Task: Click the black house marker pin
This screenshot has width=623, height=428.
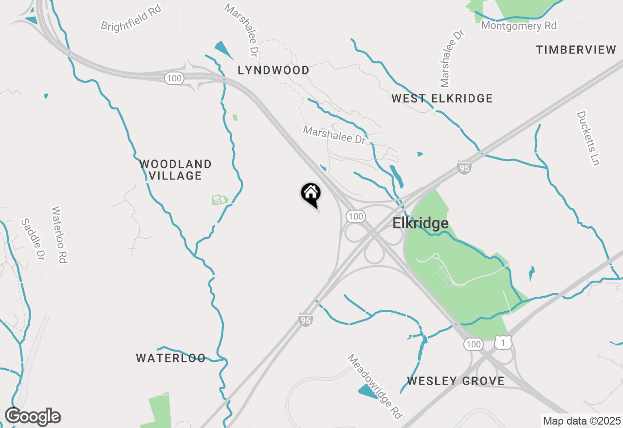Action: click(x=311, y=194)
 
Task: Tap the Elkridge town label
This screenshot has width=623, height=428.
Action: click(x=421, y=223)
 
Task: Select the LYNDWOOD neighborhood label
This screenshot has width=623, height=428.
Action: click(x=274, y=71)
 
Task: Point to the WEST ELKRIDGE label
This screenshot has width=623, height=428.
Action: click(x=442, y=99)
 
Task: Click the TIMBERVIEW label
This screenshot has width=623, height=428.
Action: click(x=576, y=50)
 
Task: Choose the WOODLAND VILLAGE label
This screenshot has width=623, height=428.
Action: click(x=176, y=170)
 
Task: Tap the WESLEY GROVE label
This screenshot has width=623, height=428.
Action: click(x=456, y=381)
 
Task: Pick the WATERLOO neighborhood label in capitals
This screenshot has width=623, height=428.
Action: click(x=171, y=358)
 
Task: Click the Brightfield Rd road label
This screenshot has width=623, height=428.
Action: click(x=130, y=18)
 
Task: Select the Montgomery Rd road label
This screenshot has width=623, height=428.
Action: click(x=519, y=26)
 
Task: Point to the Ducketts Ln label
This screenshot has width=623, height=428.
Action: click(x=587, y=138)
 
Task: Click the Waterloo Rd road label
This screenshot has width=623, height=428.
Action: click(x=58, y=235)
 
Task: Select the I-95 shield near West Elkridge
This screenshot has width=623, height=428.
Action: click(x=464, y=168)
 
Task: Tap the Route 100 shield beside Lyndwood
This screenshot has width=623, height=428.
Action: click(x=174, y=78)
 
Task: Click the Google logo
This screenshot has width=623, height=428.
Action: click(x=33, y=417)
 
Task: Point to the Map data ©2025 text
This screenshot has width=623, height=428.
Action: click(x=582, y=421)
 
